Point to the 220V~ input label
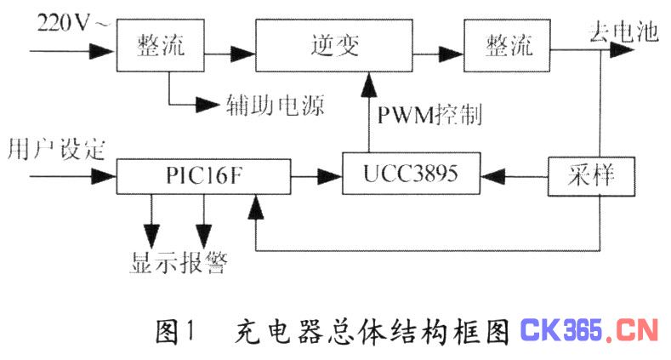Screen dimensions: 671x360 (x=73, y=23)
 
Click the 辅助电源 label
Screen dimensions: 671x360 (x=276, y=105)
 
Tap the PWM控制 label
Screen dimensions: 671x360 (x=429, y=114)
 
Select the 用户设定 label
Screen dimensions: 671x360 (x=56, y=150)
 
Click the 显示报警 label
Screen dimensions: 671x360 (x=179, y=262)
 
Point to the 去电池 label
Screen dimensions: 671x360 (x=623, y=31)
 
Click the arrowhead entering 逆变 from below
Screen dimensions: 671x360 (x=369, y=84)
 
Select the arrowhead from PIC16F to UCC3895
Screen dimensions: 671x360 (x=330, y=176)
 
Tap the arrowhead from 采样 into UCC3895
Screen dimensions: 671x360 (x=493, y=176)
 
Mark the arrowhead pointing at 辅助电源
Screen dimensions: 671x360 (x=208, y=105)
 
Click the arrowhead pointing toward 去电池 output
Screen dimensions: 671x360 (x=622, y=50)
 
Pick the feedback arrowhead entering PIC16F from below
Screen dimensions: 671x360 (x=256, y=206)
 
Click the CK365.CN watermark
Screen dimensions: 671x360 (x=589, y=330)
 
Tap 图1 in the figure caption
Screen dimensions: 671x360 (x=175, y=332)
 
